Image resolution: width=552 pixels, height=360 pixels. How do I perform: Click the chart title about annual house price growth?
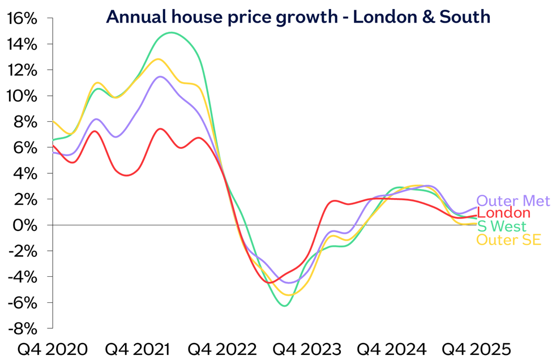[298, 17]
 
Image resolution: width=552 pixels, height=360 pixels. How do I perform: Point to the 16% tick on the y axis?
[23, 19]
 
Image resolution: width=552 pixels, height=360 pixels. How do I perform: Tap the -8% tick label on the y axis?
[23, 329]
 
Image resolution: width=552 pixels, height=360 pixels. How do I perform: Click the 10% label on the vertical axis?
[23, 96]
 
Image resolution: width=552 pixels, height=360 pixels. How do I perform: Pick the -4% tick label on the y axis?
[23, 277]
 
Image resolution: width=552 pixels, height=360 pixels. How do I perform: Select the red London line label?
[504, 213]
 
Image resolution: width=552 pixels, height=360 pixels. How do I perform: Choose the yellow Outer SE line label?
[508, 240]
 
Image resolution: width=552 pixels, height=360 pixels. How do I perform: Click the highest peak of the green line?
[172, 33]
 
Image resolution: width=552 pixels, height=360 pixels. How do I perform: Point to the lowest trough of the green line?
[284, 306]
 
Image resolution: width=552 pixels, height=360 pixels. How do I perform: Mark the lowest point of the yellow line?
[289, 295]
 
